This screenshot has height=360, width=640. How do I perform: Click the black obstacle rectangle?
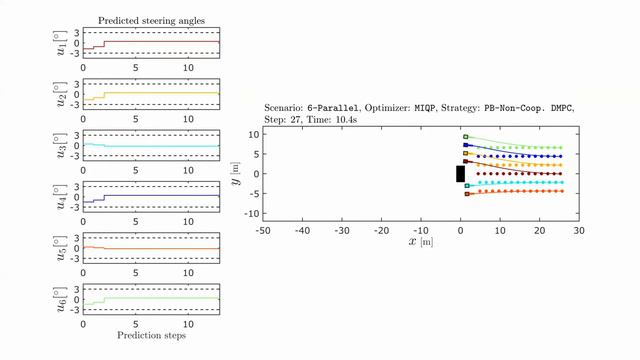click(460, 174)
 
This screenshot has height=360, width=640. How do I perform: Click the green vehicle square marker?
click(466, 136)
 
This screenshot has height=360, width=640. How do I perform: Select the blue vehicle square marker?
click(466, 145)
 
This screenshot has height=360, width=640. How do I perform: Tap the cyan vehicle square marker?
click(466, 184)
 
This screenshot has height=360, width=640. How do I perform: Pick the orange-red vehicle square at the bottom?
click(466, 194)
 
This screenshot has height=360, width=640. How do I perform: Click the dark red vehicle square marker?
click(466, 162)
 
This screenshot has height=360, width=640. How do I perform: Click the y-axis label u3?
click(62, 146)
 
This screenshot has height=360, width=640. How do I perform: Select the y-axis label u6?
click(62, 298)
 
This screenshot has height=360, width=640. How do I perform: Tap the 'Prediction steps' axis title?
click(151, 335)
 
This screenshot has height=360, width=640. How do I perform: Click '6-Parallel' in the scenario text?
click(332, 106)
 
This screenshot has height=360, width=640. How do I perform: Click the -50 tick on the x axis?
click(263, 230)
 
